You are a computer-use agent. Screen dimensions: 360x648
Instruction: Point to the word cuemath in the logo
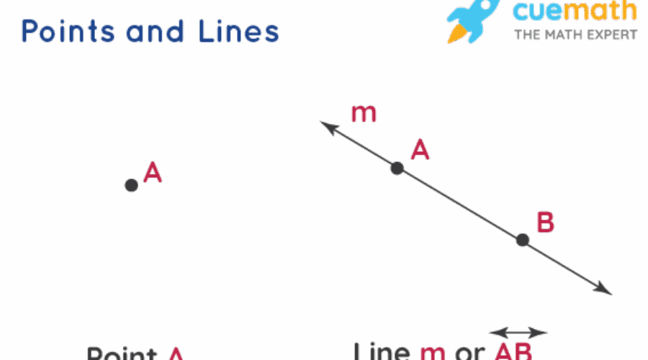point(575,12)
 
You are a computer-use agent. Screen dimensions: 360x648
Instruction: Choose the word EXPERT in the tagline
point(611,35)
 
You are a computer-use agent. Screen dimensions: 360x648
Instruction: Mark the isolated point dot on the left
point(131,185)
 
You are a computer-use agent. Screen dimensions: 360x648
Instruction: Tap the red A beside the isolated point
point(153,173)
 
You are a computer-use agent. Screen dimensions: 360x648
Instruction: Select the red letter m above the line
point(364,114)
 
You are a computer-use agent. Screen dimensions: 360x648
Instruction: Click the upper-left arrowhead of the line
point(327,127)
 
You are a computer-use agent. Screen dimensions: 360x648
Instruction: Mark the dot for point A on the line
point(397,168)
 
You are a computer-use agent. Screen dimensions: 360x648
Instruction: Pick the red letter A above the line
point(420,150)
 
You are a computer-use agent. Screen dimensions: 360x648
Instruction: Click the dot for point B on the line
point(523,240)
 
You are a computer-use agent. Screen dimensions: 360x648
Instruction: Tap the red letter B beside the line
point(545,222)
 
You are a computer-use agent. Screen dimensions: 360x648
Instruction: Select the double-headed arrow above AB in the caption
point(518,333)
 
